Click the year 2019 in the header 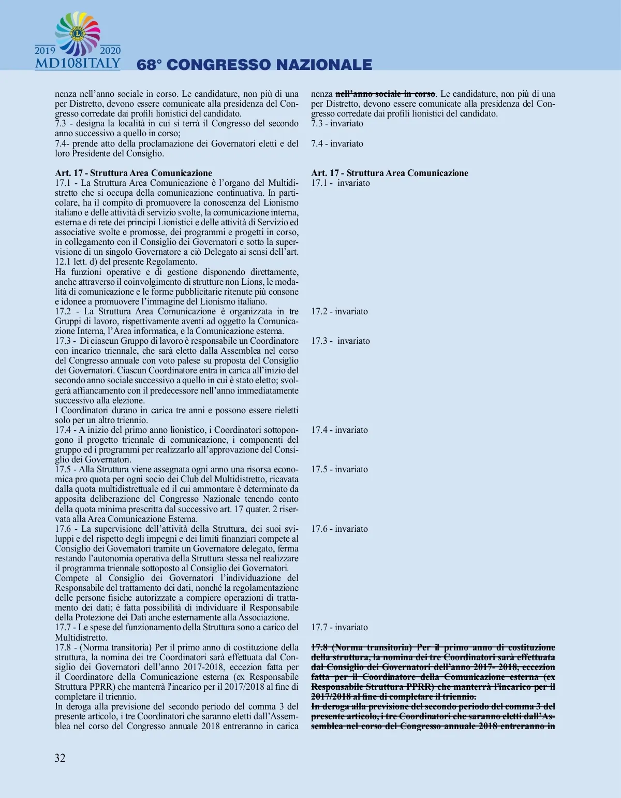[x=45, y=51]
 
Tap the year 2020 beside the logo [x=110, y=51]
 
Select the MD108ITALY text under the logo [x=78, y=64]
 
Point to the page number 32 [x=60, y=758]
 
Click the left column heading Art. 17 [x=134, y=173]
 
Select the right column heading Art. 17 [x=389, y=173]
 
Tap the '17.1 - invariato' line [x=341, y=183]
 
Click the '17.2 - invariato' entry [x=339, y=311]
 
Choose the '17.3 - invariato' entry [x=341, y=341]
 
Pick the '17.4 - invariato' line [x=339, y=430]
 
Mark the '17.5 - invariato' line [x=339, y=469]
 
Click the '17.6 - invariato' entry [x=339, y=529]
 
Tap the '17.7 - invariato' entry [x=339, y=627]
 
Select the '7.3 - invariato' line [x=337, y=123]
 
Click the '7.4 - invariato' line [x=337, y=143]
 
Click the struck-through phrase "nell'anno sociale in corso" [x=386, y=94]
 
